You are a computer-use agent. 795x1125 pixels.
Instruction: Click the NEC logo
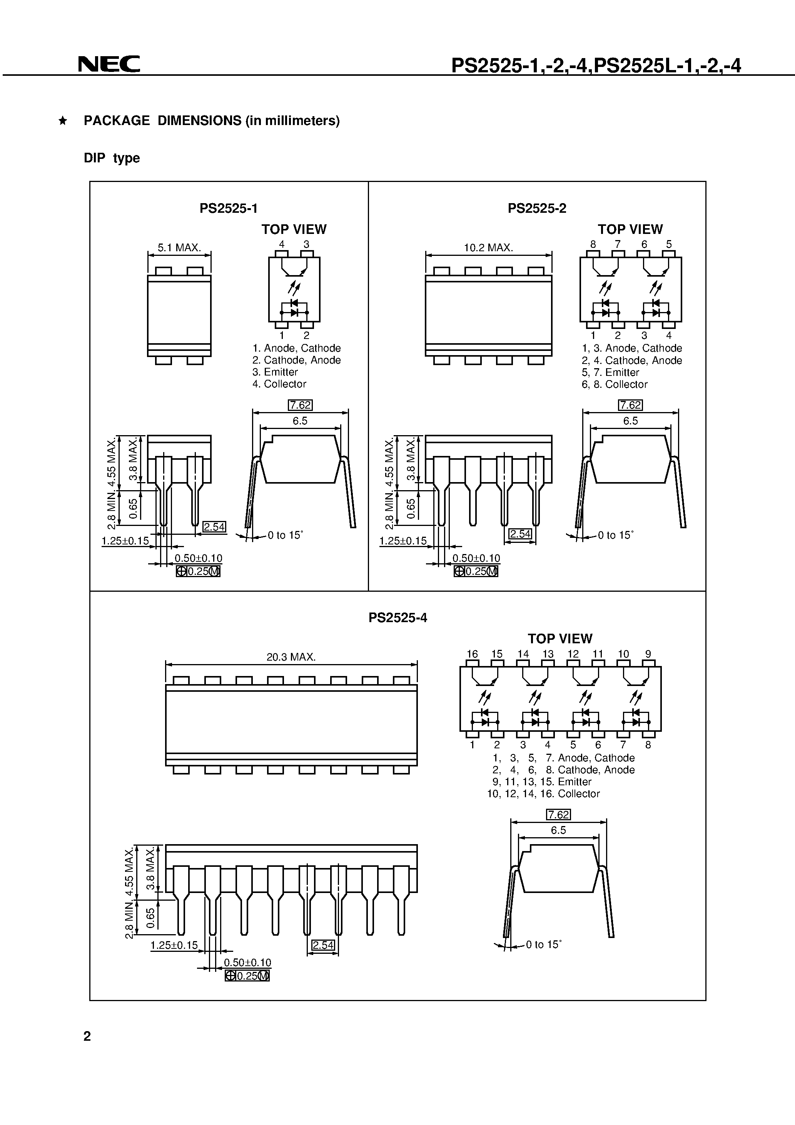click(x=109, y=64)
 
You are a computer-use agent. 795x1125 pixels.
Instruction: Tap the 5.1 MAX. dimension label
click(x=179, y=248)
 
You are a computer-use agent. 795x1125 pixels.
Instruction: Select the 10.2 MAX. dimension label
click(x=488, y=248)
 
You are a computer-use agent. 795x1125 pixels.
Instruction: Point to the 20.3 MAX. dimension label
click(x=291, y=657)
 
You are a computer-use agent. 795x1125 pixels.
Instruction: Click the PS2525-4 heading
click(x=397, y=618)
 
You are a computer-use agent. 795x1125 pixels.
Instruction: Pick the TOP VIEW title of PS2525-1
click(x=294, y=229)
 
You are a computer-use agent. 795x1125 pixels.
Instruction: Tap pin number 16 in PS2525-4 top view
click(x=472, y=654)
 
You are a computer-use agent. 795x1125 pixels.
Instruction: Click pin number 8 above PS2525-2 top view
click(x=593, y=244)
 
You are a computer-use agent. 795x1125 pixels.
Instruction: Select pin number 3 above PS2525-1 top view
click(x=306, y=244)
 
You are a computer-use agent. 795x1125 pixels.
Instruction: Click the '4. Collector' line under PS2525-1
click(x=279, y=384)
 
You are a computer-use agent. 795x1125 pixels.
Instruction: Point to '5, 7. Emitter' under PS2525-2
click(x=611, y=372)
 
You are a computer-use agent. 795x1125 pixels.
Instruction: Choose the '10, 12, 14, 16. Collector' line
click(x=543, y=794)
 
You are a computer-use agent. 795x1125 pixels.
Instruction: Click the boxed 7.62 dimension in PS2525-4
click(x=558, y=815)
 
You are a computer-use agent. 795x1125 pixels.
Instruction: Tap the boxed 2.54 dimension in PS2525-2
click(x=520, y=534)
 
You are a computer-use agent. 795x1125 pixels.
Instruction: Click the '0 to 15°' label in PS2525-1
click(x=285, y=535)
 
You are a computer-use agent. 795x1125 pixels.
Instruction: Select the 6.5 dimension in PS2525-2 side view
click(x=630, y=421)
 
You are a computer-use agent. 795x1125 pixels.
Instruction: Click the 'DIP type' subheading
click(x=112, y=158)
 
